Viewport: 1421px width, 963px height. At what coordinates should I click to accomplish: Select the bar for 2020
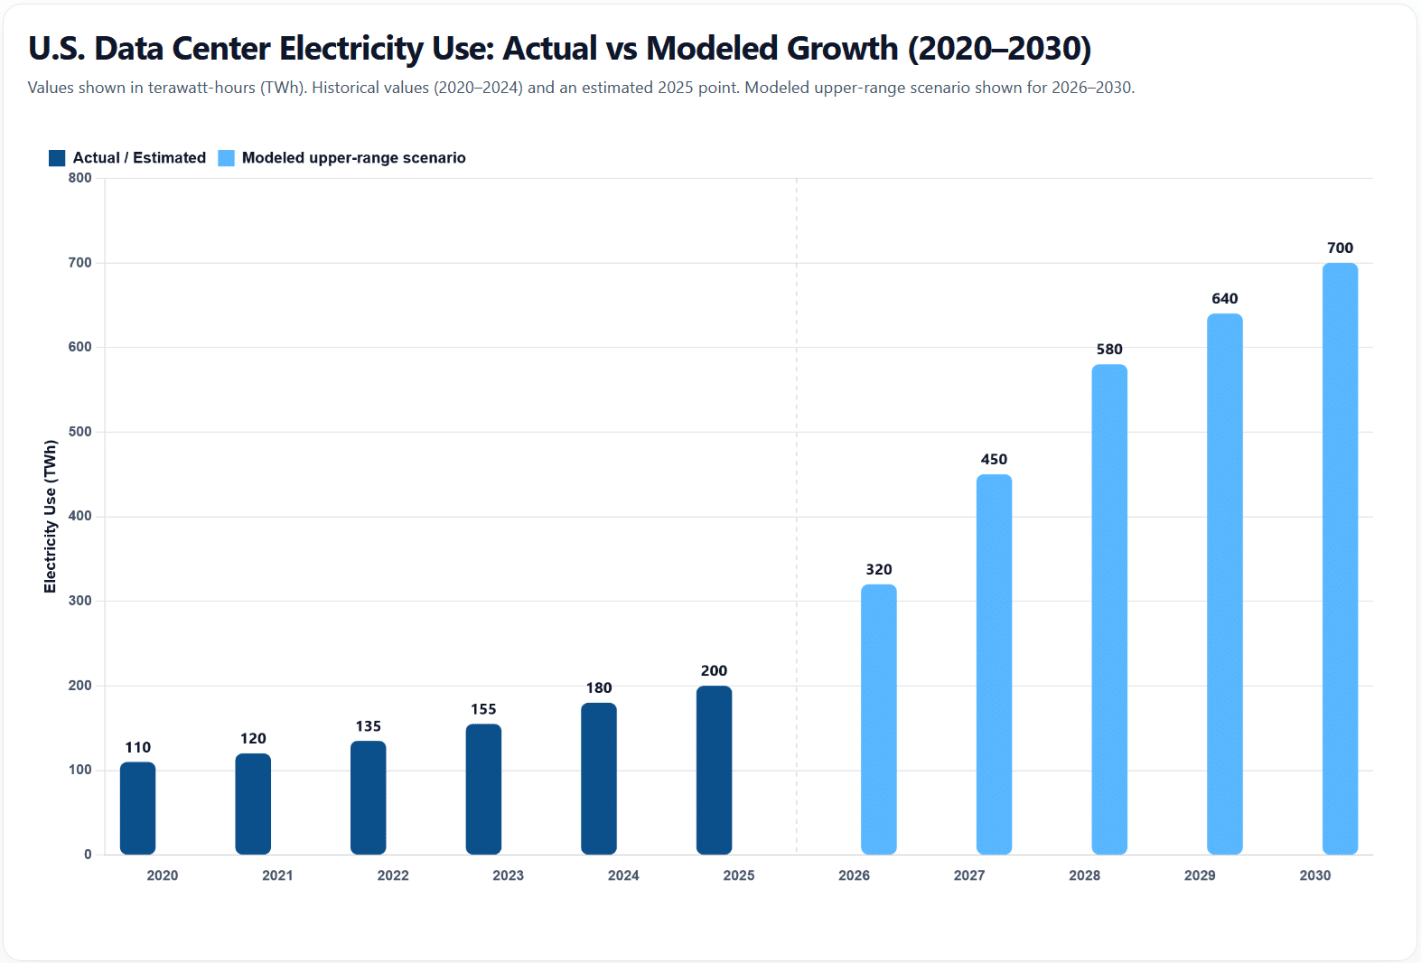(137, 809)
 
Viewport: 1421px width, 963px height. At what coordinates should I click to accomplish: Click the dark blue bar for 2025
(714, 771)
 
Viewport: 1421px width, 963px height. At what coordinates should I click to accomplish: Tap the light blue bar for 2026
(878, 719)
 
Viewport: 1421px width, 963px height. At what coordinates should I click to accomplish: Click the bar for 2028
(1108, 609)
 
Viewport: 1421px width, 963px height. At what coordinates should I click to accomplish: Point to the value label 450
(994, 459)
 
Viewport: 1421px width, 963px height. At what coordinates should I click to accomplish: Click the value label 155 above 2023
(483, 709)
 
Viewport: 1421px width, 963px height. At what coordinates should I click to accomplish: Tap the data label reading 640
(1224, 298)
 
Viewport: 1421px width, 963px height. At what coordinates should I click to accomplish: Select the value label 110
(137, 747)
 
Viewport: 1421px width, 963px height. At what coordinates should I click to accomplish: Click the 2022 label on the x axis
(393, 875)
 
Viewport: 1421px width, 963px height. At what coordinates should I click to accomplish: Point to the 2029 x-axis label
(1200, 875)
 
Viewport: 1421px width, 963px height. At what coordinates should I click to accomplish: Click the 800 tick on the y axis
(80, 178)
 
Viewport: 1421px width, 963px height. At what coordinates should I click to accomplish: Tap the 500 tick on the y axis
(80, 432)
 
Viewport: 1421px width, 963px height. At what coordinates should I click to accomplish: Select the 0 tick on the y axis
(88, 855)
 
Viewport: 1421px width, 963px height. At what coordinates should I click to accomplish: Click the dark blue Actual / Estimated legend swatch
(57, 158)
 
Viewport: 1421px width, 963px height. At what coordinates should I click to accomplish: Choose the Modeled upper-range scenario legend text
(353, 158)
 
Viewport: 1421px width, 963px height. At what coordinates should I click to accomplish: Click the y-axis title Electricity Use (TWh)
(51, 516)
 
